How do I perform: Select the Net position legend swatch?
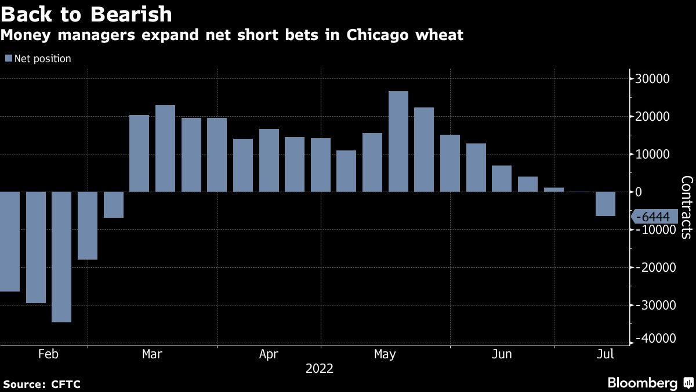pos(8,59)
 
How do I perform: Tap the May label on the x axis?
pos(385,354)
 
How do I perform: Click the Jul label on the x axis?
pos(605,354)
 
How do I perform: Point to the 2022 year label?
pos(320,368)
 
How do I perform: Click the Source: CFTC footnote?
pos(42,384)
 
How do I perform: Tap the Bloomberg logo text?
pos(642,383)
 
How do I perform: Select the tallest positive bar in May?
pos(398,141)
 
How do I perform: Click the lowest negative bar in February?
pos(61,257)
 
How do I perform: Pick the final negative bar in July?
pos(606,204)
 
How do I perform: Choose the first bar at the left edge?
pos(10,242)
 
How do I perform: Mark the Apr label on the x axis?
pos(269,354)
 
